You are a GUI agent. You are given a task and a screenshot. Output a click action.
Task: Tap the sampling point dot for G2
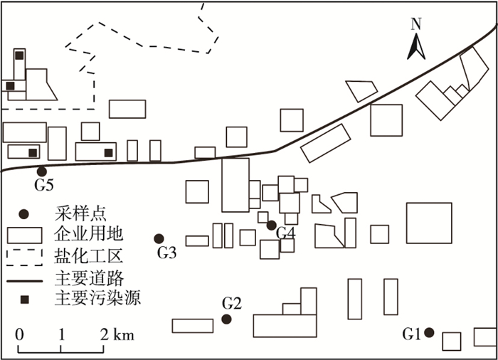(x=226, y=319)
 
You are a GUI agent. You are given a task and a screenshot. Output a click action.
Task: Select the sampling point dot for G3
(x=159, y=238)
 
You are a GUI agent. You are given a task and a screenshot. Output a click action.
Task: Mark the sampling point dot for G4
(x=271, y=225)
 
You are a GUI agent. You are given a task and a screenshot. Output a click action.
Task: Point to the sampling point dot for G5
(x=42, y=171)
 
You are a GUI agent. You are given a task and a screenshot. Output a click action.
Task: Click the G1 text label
(x=412, y=333)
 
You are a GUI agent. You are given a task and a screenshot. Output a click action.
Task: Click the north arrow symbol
(x=417, y=46)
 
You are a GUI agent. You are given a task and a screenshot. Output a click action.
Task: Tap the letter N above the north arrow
(x=417, y=23)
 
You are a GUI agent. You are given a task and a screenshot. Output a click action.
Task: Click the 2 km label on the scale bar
(x=117, y=334)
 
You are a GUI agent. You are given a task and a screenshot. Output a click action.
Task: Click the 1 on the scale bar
(x=62, y=334)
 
